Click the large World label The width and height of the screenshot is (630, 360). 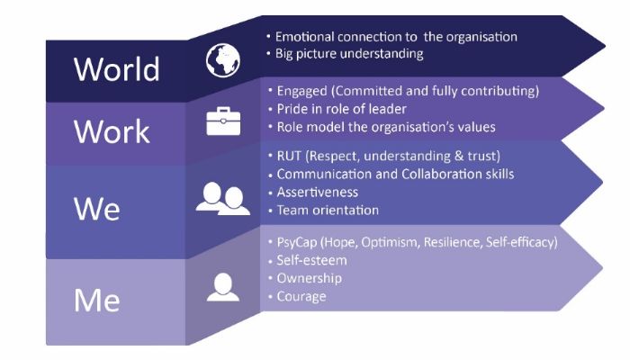pyautogui.click(x=116, y=69)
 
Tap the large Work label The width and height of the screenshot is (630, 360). pyautogui.click(x=112, y=131)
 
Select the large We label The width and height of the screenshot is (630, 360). pyautogui.click(x=97, y=208)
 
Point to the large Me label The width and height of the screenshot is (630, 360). pyautogui.click(x=97, y=300)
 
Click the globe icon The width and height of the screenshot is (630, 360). pyautogui.click(x=223, y=60)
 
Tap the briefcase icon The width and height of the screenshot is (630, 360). pyautogui.click(x=223, y=121)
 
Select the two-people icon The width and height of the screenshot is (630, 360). pyautogui.click(x=223, y=199)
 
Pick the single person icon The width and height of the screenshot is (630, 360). pyautogui.click(x=223, y=287)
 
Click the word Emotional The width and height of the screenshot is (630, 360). pyautogui.click(x=304, y=37)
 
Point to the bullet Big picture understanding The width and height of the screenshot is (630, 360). pyautogui.click(x=345, y=54)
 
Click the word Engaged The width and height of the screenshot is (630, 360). pyautogui.click(x=301, y=91)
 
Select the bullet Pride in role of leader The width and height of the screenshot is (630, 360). pyautogui.click(x=337, y=109)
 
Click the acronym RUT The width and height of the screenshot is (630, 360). pyautogui.click(x=289, y=156)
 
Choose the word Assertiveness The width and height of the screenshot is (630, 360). pyautogui.click(x=318, y=192)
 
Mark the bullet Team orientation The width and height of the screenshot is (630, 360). pyautogui.click(x=323, y=210)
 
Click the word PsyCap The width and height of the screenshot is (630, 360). pyautogui.click(x=297, y=243)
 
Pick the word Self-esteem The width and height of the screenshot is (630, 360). pyautogui.click(x=311, y=260)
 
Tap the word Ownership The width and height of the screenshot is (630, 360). pyautogui.click(x=310, y=278)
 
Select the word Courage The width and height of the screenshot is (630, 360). pyautogui.click(x=301, y=297)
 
